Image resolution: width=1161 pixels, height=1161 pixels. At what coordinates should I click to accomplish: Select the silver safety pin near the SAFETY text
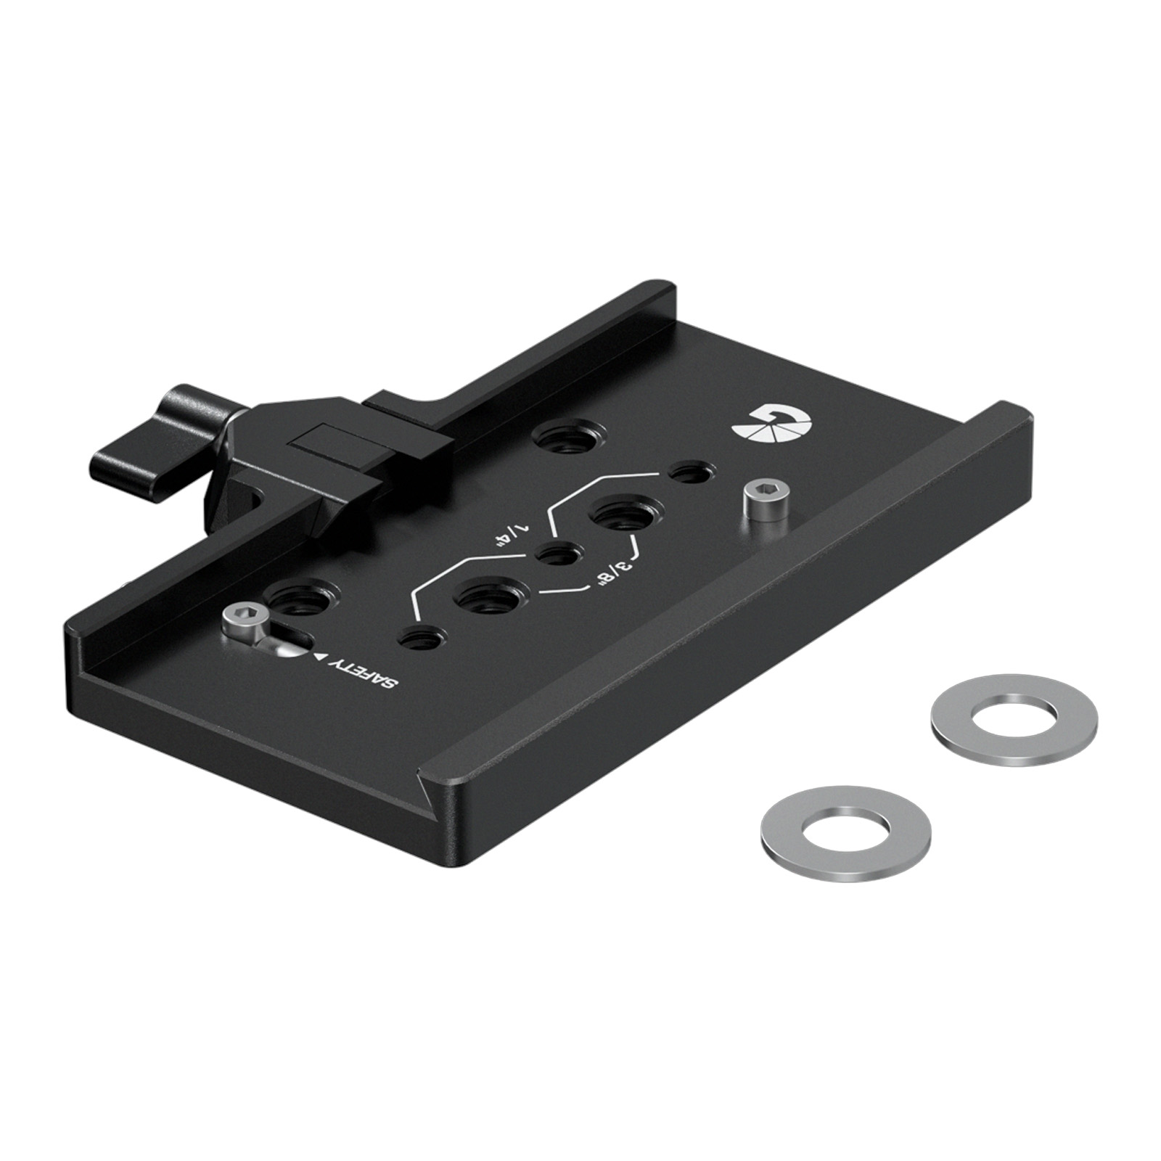(238, 621)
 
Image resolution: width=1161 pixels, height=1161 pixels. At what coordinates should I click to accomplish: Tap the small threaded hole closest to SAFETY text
(419, 640)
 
